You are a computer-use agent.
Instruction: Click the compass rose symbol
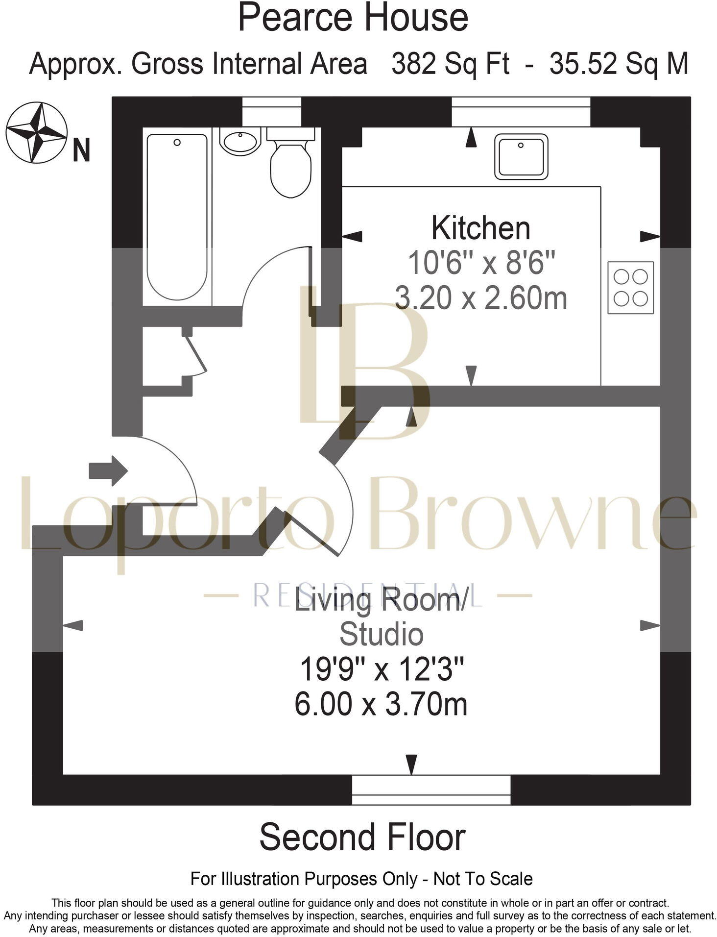pos(36,132)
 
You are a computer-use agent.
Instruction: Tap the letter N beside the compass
pos(81,149)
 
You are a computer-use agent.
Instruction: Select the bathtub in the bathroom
pos(177,217)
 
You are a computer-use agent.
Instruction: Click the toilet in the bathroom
pos(291,162)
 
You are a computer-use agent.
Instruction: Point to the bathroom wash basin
pos(239,141)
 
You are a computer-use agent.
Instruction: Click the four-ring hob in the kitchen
pos(631,288)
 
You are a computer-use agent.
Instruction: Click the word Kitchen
pos(480,228)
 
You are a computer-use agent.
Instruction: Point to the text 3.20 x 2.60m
pos(481,298)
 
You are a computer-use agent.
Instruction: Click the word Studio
pos(382,634)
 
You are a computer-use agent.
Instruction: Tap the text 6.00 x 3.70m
pos(381,704)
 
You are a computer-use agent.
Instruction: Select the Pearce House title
pos(353,17)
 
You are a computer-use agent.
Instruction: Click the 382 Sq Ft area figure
pos(450,64)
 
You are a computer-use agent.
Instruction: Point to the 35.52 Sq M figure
pos(619,64)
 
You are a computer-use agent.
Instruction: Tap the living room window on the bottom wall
pos(431,789)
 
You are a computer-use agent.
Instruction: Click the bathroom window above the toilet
pos(272,112)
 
